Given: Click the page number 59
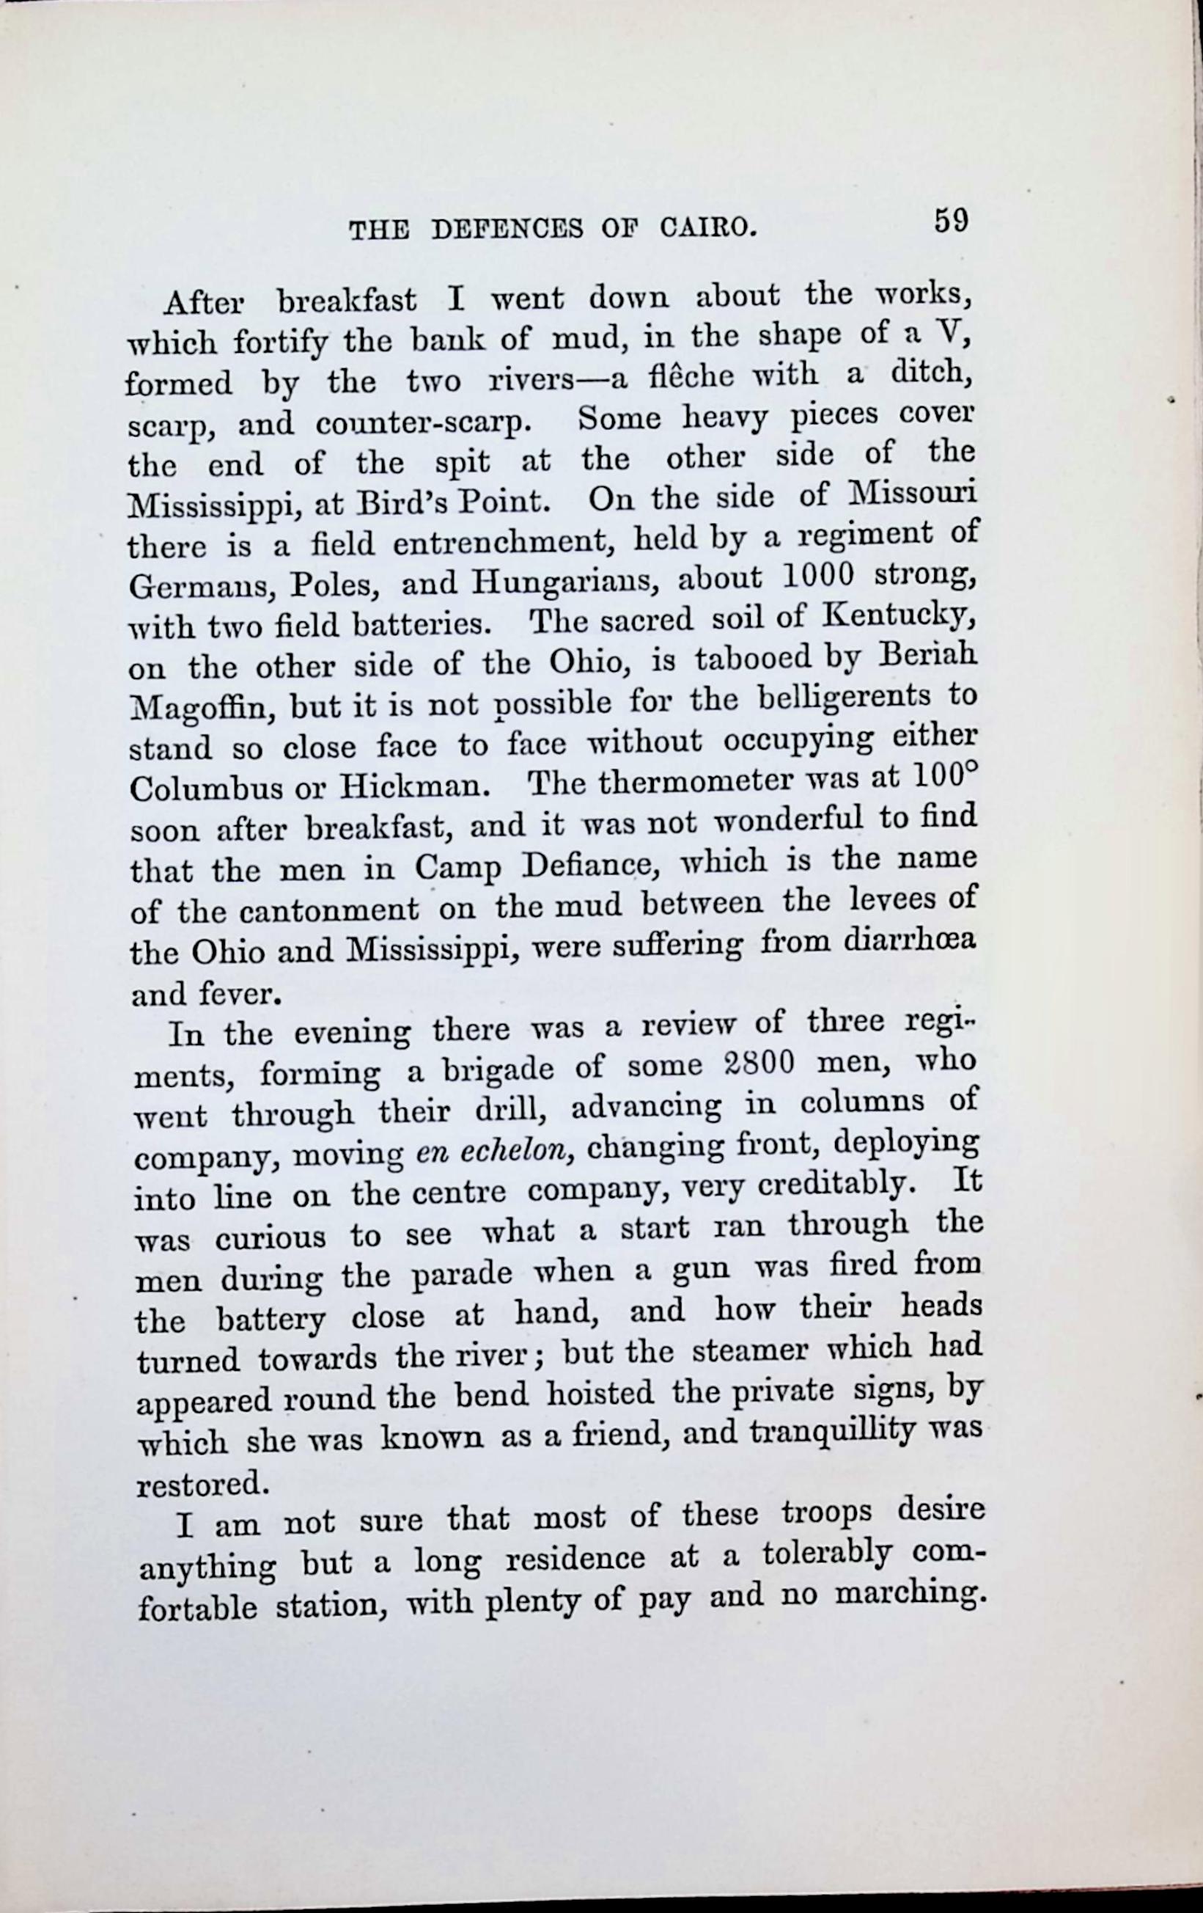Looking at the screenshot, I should pos(951,219).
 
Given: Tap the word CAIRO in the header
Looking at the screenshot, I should pos(704,230).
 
